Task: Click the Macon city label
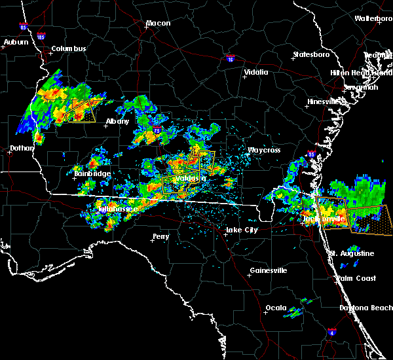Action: (158, 24)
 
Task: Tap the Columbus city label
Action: (69, 49)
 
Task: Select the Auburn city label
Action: (16, 43)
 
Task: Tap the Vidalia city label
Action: (256, 72)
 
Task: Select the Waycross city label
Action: (263, 150)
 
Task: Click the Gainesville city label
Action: (269, 270)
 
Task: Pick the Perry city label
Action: (160, 236)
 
